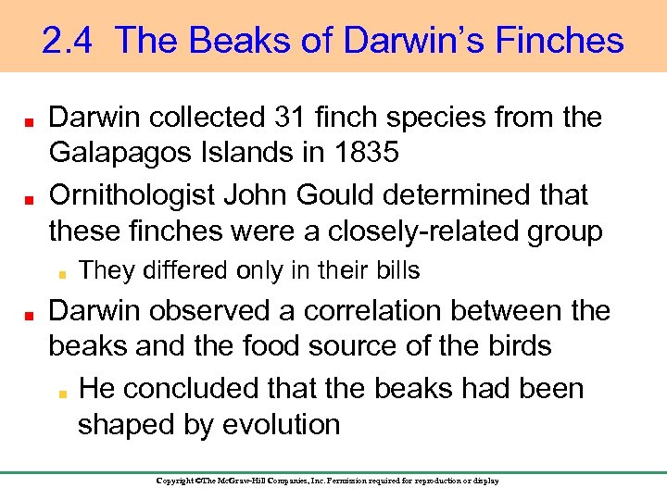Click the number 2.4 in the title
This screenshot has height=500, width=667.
[x=69, y=41]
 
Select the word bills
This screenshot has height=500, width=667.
[x=396, y=270]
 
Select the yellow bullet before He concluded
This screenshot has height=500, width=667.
[x=60, y=390]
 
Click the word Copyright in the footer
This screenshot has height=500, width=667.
[x=175, y=481]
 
